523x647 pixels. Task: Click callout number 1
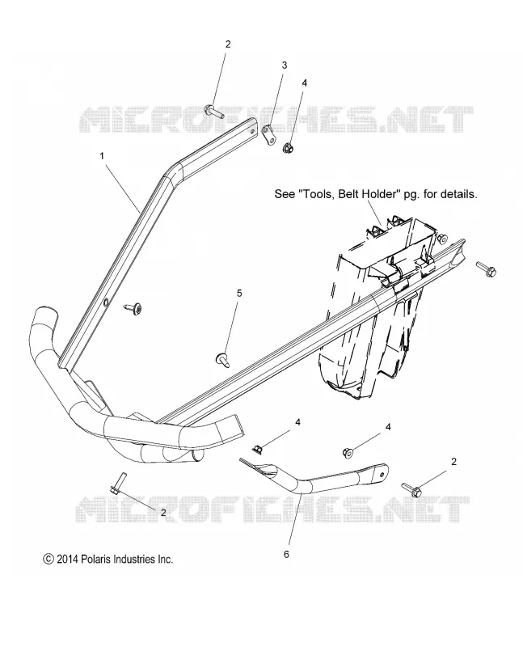102,156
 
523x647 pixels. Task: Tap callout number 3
285,66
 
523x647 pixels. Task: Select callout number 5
239,294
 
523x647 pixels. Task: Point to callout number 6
286,554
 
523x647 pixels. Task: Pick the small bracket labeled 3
269,134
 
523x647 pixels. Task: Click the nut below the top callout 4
288,147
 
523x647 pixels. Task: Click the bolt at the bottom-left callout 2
115,484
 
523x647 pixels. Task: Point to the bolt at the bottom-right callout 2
411,490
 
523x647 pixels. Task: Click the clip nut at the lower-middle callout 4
257,447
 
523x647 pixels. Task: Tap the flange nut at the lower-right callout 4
348,453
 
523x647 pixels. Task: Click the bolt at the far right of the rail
487,269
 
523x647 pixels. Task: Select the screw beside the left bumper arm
133,307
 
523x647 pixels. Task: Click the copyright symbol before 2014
49,559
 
